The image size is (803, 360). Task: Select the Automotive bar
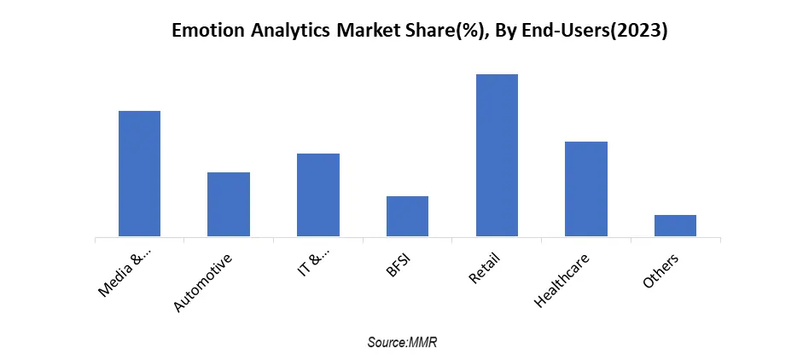[229, 204]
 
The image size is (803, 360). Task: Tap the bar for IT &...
[318, 195]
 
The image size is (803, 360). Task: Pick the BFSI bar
[407, 216]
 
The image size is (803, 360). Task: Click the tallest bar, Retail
[497, 155]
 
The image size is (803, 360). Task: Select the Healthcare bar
[586, 189]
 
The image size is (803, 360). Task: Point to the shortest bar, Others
[675, 225]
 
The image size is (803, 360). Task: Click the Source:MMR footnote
[402, 341]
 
